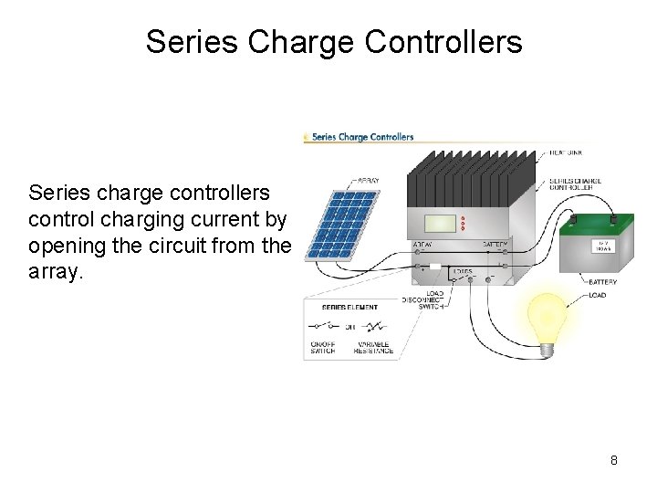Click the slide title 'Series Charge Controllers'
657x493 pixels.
coord(334,41)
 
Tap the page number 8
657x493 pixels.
coord(614,460)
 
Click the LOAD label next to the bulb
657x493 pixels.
coord(598,295)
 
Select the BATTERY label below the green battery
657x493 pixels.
coord(602,282)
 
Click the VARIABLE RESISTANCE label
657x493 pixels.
coord(373,347)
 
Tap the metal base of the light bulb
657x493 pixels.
coord(547,348)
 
